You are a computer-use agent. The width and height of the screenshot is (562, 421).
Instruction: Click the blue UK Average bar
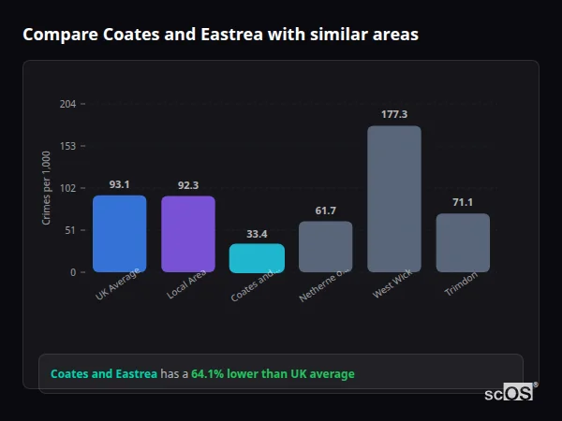coord(119,234)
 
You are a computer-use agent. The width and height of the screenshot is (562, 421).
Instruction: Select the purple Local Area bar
coord(187,234)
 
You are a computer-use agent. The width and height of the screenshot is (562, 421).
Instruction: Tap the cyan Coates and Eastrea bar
coord(257,258)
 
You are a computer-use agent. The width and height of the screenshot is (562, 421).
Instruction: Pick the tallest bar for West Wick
coord(393,199)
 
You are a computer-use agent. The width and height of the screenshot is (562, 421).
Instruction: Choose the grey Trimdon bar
coord(463,243)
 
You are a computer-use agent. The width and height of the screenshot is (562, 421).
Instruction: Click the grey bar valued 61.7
coord(325,247)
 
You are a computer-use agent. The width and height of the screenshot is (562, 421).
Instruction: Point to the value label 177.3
coord(393,114)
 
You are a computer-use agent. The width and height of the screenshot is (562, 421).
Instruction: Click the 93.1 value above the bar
coord(119,184)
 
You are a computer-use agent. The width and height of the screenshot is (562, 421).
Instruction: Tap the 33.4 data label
coord(257,233)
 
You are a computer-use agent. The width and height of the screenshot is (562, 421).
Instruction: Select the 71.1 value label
coord(463,202)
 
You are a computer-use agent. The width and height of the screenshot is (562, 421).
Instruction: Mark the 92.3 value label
coord(187,185)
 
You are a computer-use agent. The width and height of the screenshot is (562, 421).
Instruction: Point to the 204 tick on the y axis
coord(67,104)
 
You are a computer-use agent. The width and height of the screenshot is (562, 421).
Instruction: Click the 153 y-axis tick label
coord(67,146)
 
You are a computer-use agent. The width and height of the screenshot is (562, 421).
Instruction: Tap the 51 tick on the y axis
coord(70,230)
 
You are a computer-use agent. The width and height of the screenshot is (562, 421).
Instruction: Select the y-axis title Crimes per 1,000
coord(46,188)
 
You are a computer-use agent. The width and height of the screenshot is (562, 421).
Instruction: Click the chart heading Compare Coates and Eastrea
coord(220,35)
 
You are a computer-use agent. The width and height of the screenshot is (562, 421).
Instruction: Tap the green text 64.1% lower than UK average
coord(273,374)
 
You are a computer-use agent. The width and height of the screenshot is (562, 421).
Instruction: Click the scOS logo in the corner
coord(510,393)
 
